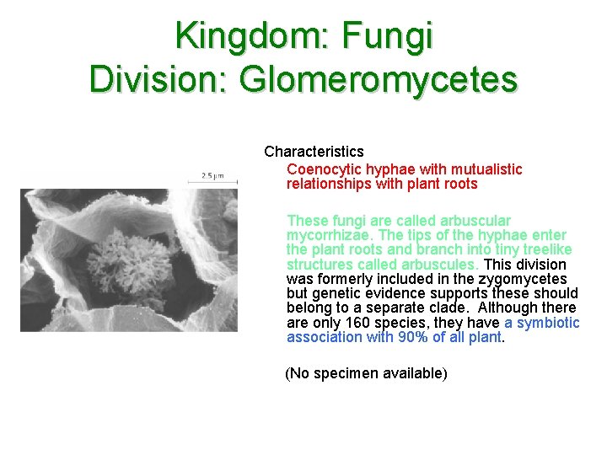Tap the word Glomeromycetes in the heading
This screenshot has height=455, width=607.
pyautogui.click(x=379, y=80)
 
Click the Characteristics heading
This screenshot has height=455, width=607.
pyautogui.click(x=314, y=152)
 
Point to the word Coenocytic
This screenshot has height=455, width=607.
pyautogui.click(x=324, y=169)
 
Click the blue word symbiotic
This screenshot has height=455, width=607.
pyautogui.click(x=548, y=323)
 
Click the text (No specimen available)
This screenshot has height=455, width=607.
pyautogui.click(x=366, y=373)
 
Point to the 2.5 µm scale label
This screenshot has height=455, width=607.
pyautogui.click(x=212, y=176)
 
